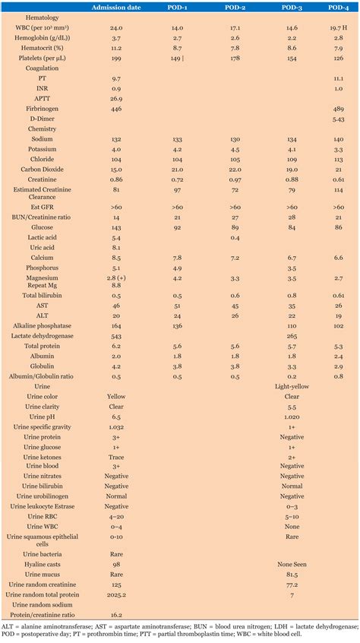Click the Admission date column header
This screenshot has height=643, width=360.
(117, 7)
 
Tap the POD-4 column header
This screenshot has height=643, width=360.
(338, 7)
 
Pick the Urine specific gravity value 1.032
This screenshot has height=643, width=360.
(117, 427)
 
